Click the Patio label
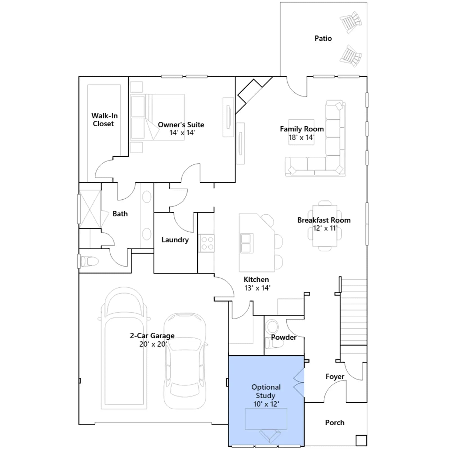click(x=323, y=38)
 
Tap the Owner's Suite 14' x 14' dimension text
click(x=182, y=133)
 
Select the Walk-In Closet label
click(x=104, y=120)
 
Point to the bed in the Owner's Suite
click(x=158, y=117)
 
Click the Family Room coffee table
click(x=301, y=132)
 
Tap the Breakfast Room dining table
click(x=325, y=226)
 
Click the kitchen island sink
click(x=247, y=243)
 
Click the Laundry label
click(x=175, y=240)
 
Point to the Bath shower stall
click(x=90, y=209)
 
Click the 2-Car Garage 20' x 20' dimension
click(x=153, y=344)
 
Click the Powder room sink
click(x=272, y=327)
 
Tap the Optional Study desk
click(x=266, y=419)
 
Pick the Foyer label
click(x=335, y=377)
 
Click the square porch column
click(x=361, y=440)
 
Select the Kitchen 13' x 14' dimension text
click(x=257, y=288)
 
